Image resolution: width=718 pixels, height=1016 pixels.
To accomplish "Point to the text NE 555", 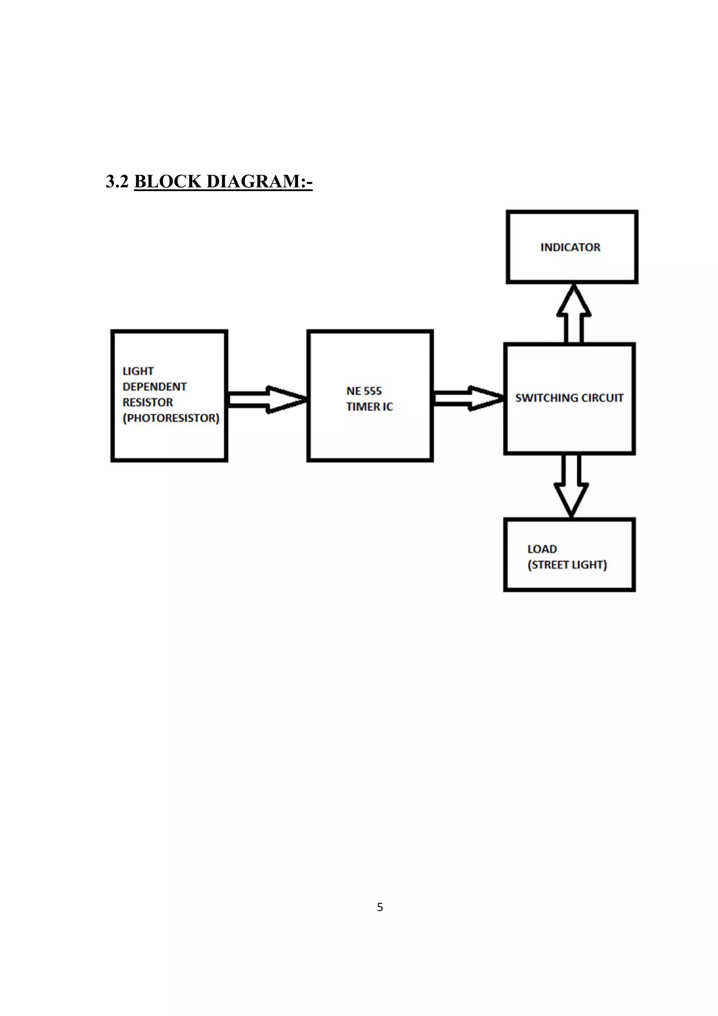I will click(364, 391).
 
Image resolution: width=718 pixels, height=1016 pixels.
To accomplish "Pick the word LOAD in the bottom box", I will click(542, 549).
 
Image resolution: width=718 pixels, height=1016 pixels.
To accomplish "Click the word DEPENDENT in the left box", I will click(154, 387).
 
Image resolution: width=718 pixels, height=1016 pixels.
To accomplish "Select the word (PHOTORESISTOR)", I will click(171, 418).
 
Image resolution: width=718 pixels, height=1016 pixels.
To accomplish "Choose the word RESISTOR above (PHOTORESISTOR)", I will click(147, 402).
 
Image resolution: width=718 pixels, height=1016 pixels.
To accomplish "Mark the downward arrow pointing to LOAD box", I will click(571, 486).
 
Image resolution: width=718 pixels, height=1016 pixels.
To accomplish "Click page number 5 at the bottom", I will click(380, 907).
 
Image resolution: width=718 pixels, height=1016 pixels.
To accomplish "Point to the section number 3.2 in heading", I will click(117, 181).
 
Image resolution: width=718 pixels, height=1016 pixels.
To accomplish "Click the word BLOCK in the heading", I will click(168, 181).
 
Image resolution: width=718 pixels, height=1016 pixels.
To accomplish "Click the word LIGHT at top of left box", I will click(138, 371).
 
